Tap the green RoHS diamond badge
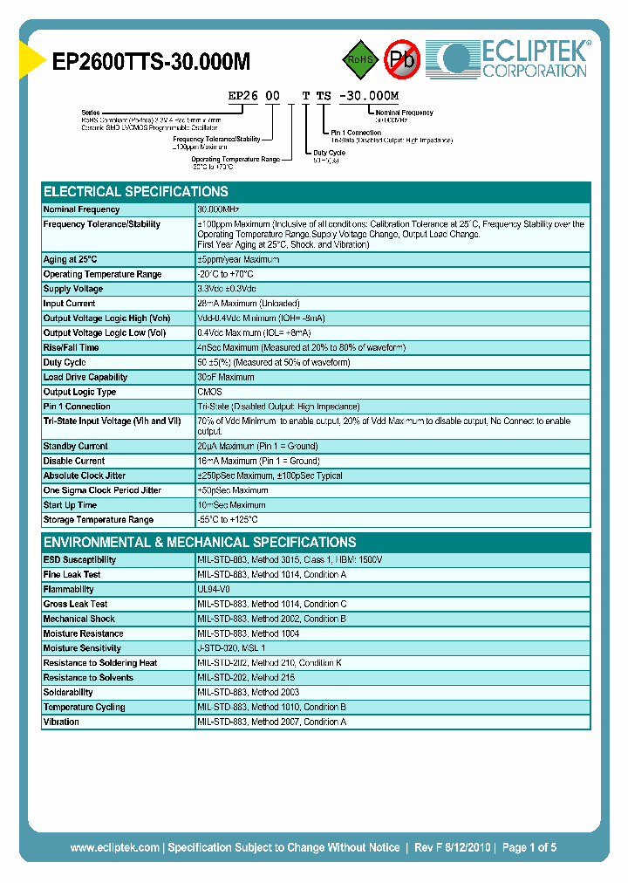click(359, 59)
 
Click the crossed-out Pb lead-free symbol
click(403, 59)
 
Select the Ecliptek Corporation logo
click(515, 58)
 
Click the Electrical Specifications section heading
click(136, 192)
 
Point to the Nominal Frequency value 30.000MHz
click(218, 210)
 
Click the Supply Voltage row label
click(73, 289)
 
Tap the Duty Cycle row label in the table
click(65, 362)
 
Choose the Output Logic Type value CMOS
click(209, 392)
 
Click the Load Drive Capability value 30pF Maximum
click(226, 377)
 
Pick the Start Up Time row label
click(70, 505)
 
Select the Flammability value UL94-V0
click(214, 589)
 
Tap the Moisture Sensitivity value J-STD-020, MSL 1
click(231, 648)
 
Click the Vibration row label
click(61, 722)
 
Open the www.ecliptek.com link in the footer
click(114, 847)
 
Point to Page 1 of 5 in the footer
click(529, 847)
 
